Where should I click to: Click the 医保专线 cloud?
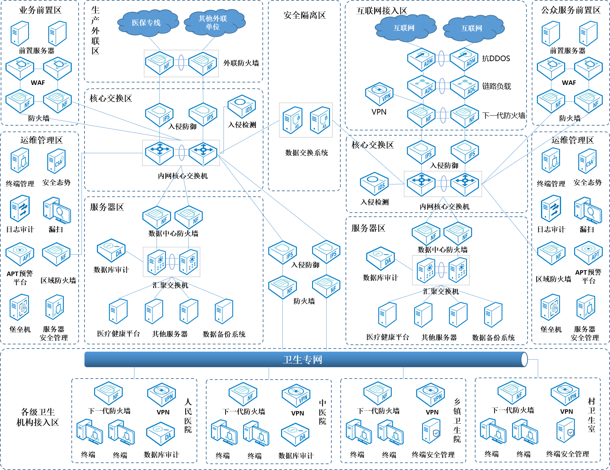coord(148,23)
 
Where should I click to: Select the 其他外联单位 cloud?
coord(214,23)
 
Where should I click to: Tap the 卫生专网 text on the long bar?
coord(302,360)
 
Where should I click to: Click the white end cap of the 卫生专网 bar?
coord(524,360)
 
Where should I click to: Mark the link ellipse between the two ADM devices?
coord(441,58)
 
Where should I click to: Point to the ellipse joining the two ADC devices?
coord(442,86)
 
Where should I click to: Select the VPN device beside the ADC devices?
coord(379,94)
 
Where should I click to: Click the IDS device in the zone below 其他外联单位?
coord(242,106)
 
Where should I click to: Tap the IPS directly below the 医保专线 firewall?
coord(160,114)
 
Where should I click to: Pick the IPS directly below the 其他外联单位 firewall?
coord(203,114)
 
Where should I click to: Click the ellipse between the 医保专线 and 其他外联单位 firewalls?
coord(181,63)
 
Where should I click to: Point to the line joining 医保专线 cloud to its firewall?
coord(154,43)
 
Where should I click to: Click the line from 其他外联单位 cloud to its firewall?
coord(209,43)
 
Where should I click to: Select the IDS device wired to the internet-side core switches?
coord(374,184)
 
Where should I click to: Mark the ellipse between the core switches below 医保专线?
coord(182,153)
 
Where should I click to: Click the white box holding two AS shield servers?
coord(306,120)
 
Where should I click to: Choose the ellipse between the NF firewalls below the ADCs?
coord(443,116)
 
